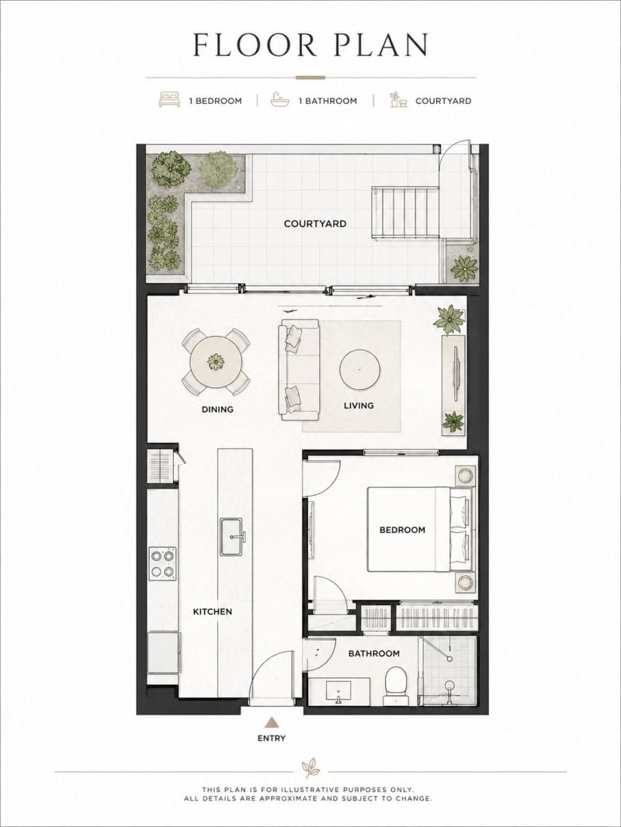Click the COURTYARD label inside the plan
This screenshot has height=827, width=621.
click(315, 223)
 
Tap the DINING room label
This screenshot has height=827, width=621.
click(217, 410)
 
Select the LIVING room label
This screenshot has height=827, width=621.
click(359, 406)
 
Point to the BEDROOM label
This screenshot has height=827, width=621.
click(402, 530)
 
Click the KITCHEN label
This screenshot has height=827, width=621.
click(212, 612)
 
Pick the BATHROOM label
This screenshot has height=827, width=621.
click(373, 653)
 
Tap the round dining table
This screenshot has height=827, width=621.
click(216, 362)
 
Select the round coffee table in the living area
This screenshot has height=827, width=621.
click(359, 370)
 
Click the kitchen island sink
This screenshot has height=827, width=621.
click(231, 536)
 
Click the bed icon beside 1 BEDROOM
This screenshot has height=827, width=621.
click(169, 100)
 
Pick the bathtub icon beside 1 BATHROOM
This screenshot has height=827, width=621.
click(280, 100)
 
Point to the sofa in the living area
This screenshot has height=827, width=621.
click(300, 370)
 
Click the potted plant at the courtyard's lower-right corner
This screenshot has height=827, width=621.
click(463, 268)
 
